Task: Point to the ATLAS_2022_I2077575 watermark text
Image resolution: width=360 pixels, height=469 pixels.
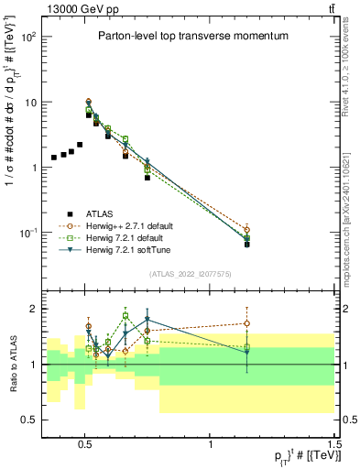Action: (x=189, y=273)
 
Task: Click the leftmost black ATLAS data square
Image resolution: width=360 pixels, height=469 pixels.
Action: (x=54, y=158)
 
